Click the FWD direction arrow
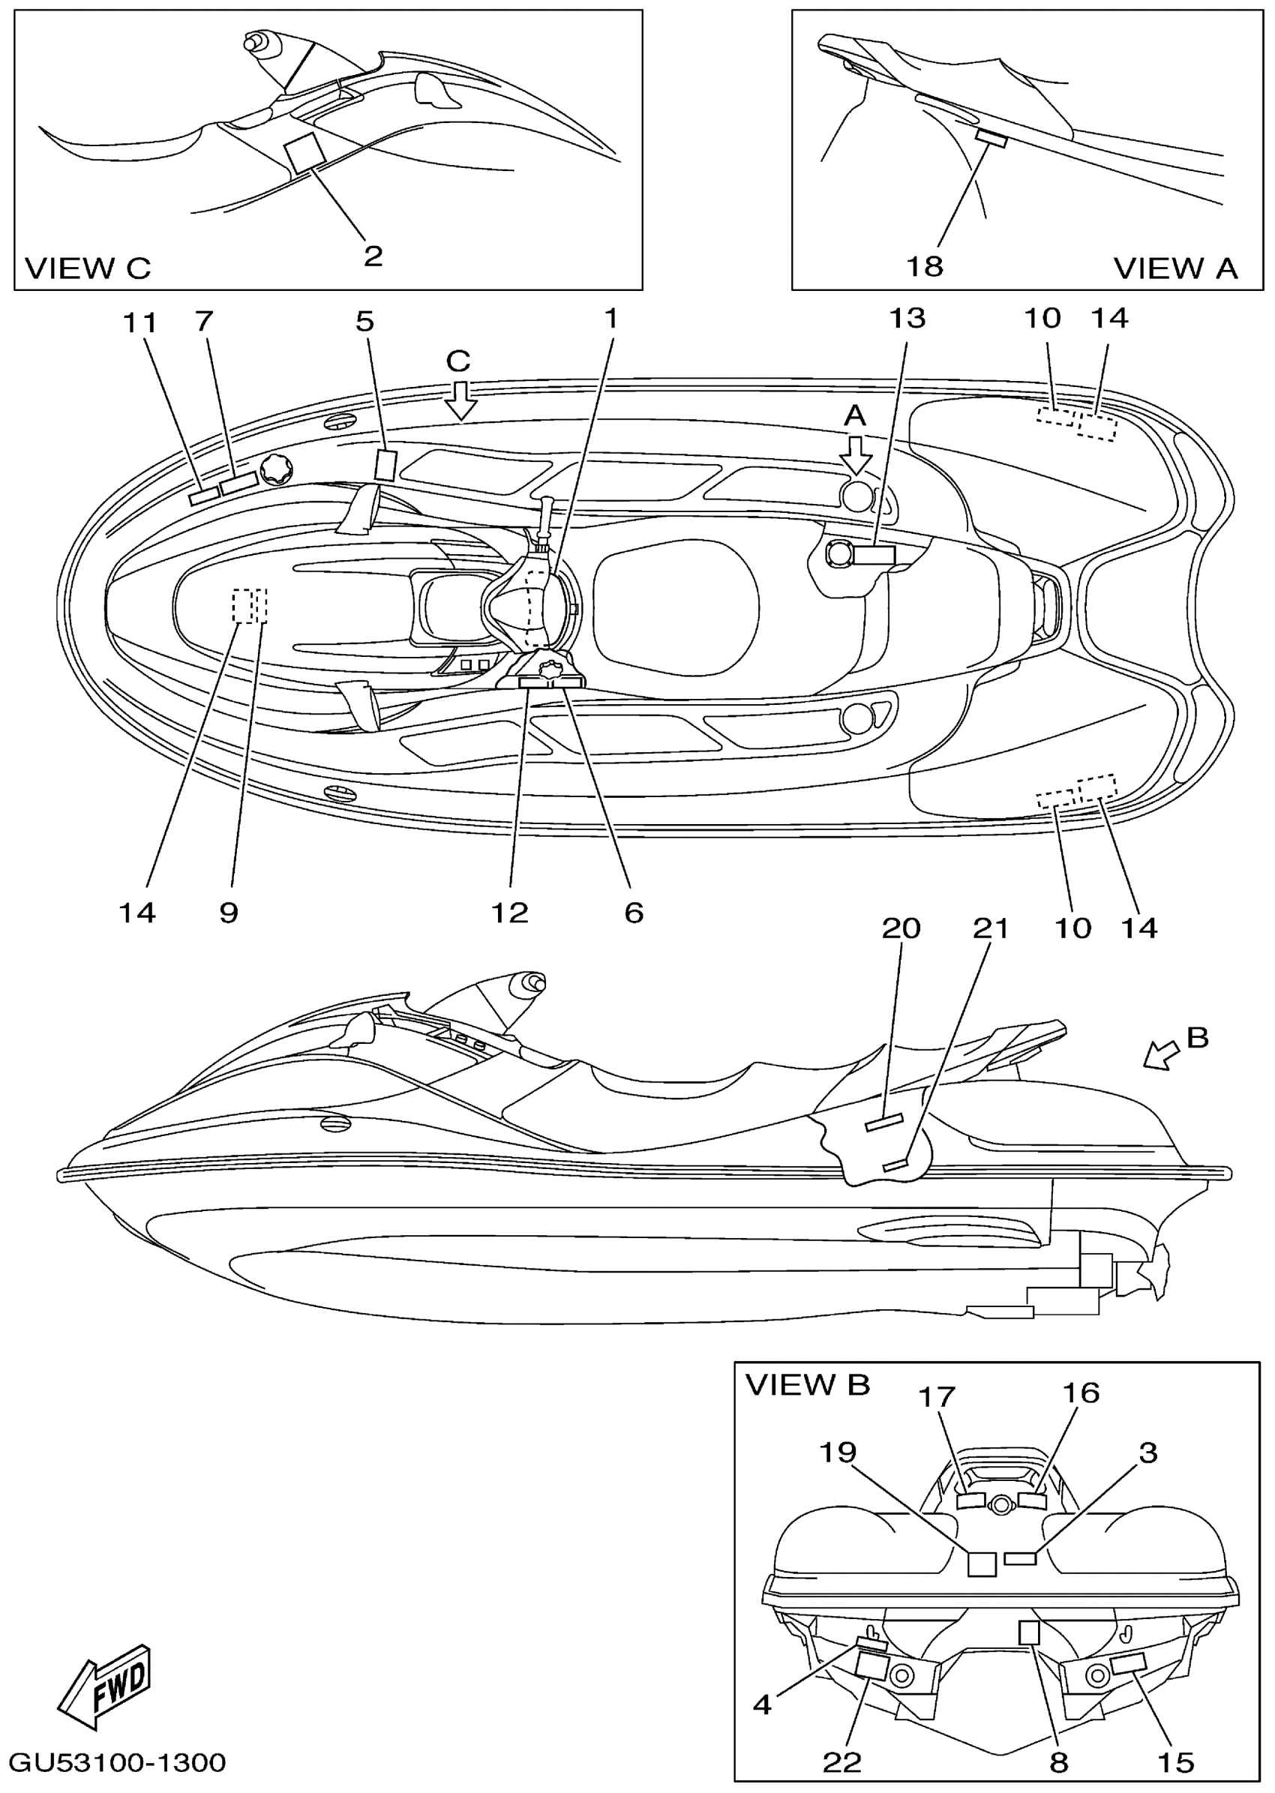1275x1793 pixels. pos(103,1687)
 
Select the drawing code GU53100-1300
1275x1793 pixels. pos(118,1762)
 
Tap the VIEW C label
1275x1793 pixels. pos(87,268)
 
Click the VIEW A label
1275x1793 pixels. pos(1175,268)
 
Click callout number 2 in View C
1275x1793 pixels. pos(373,255)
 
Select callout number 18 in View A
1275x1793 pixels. pos(925,267)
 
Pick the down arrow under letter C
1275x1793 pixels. pos(460,400)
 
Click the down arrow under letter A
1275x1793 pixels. pos(855,454)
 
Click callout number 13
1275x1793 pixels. pos(907,319)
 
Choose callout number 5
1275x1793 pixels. pos(365,321)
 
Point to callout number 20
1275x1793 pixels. pos(901,928)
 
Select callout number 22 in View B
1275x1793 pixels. pos(841,1762)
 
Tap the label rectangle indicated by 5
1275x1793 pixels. pos(385,465)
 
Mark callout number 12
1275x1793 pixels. pos(509,912)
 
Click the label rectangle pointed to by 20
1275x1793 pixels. pos(885,1123)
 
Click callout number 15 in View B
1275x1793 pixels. pos(1176,1762)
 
